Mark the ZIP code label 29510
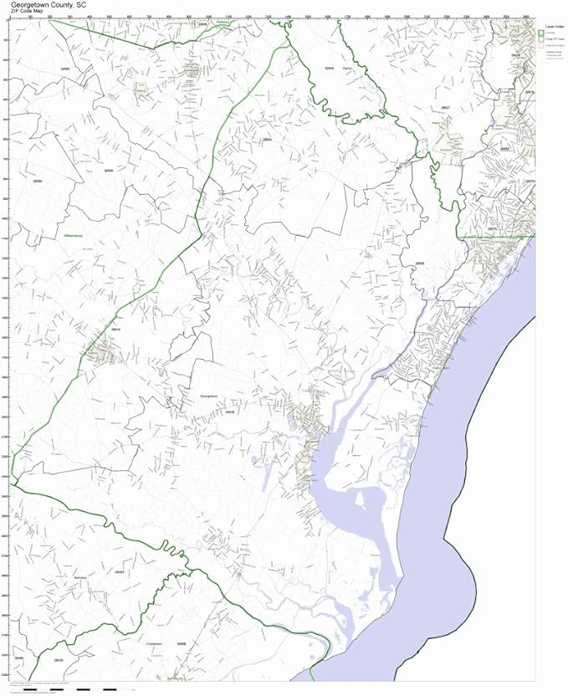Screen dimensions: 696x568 pos(115,330)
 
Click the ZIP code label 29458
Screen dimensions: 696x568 pos(182,643)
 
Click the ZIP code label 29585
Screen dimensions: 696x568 pos(420,264)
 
